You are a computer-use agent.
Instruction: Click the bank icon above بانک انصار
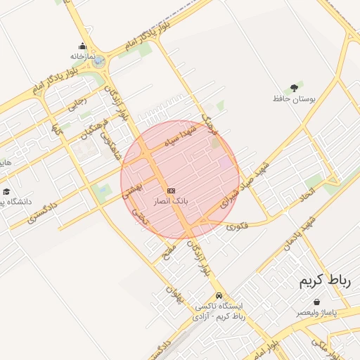click(171, 191)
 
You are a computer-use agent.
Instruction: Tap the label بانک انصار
click(171, 201)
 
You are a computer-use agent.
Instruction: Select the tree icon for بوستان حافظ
click(293, 88)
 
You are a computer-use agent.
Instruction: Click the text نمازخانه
click(82, 56)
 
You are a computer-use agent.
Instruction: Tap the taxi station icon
click(219, 295)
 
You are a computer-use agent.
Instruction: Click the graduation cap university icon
click(6, 191)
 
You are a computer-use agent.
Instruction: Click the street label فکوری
click(239, 224)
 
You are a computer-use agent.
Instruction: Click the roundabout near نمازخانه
click(99, 63)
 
